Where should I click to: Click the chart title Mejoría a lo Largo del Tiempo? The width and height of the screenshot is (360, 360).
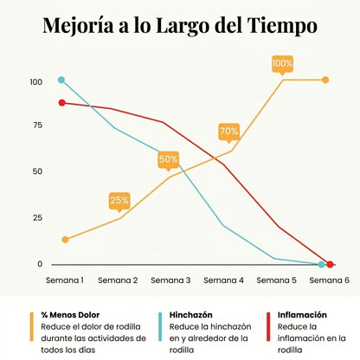click(x=179, y=26)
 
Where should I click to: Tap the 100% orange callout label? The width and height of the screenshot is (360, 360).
click(x=282, y=63)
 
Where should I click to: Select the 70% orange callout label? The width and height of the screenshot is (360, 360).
click(x=229, y=132)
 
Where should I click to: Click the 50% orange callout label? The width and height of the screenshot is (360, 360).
click(x=169, y=159)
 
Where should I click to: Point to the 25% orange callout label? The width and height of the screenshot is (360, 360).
click(x=119, y=200)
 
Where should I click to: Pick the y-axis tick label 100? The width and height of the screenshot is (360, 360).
click(x=35, y=82)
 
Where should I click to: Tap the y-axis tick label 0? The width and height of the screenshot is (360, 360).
click(x=38, y=264)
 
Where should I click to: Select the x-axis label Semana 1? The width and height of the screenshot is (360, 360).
click(x=65, y=280)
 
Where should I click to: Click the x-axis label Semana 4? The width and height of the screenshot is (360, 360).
click(x=223, y=280)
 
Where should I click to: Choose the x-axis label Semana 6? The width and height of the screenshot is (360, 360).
click(x=329, y=280)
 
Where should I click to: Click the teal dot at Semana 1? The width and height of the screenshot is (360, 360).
click(x=61, y=80)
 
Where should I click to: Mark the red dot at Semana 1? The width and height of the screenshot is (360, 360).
click(x=61, y=103)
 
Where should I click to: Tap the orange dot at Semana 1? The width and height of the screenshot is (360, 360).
click(x=65, y=239)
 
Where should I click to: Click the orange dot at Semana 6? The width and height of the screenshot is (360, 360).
click(x=325, y=80)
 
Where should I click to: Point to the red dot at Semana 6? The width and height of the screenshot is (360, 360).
click(x=330, y=264)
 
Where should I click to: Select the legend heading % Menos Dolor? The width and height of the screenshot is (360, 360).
click(x=71, y=315)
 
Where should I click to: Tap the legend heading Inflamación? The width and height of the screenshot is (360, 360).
click(x=302, y=315)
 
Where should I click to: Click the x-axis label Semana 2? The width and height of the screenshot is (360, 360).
click(x=118, y=280)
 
